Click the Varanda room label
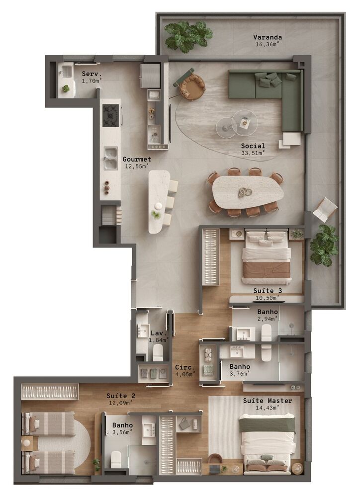point(268,37)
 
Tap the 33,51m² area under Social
point(253,153)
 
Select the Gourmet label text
point(137,160)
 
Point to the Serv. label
point(92,74)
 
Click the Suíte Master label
point(268,401)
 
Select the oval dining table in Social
point(247,191)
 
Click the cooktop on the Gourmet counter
point(110,115)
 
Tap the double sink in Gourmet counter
point(110,158)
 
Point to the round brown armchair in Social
point(192,87)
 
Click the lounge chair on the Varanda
point(325,209)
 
